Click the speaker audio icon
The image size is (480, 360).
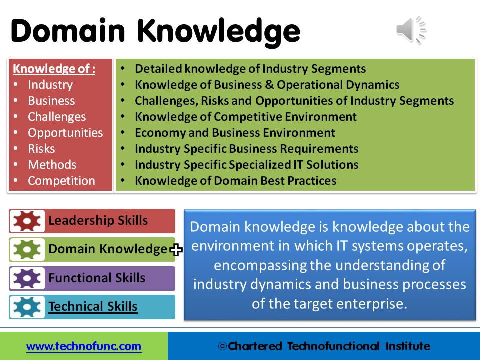tap(411, 30)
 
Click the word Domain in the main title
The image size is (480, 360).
tap(68, 30)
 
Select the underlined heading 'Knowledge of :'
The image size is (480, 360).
tap(54, 69)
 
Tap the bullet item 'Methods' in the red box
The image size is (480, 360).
tap(52, 165)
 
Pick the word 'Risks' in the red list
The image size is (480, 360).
tap(41, 149)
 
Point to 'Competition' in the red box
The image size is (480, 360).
tap(61, 181)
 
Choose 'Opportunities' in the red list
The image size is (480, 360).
tap(65, 133)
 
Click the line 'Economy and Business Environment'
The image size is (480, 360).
tap(235, 133)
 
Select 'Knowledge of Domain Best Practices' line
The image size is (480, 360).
tap(235, 181)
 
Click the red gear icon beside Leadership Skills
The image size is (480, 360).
tap(27, 221)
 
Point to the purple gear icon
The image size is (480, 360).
tap(27, 278)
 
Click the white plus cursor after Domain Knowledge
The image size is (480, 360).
tap(176, 250)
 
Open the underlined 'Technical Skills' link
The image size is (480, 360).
tap(93, 306)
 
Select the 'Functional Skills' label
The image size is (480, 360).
tap(97, 278)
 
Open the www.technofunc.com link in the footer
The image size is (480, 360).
tap(84, 346)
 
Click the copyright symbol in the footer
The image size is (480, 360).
tap(222, 346)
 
